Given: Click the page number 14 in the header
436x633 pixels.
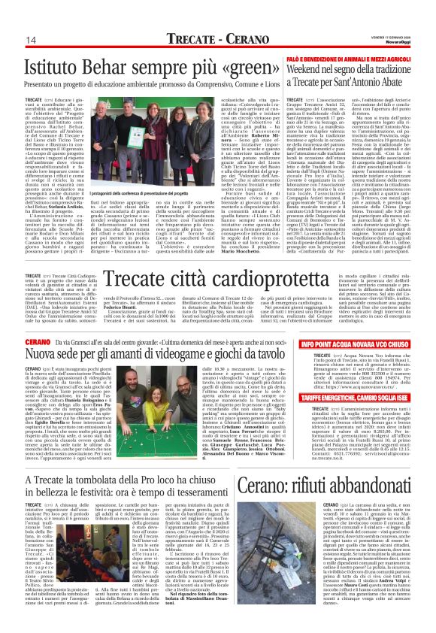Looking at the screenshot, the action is (32, 41).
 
